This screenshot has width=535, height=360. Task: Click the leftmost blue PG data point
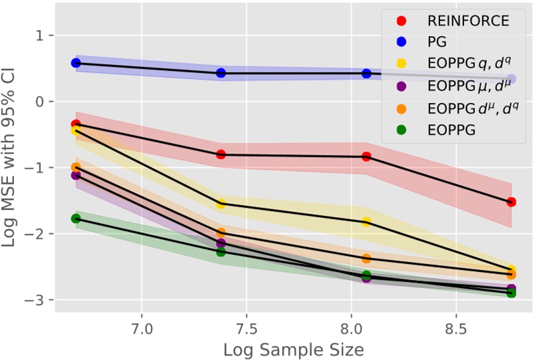click(x=75, y=63)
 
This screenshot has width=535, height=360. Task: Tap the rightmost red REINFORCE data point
click(x=511, y=202)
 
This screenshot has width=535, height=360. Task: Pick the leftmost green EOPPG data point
click(x=75, y=218)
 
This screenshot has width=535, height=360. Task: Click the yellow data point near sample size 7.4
click(x=221, y=204)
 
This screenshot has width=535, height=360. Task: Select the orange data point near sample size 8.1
click(x=366, y=258)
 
